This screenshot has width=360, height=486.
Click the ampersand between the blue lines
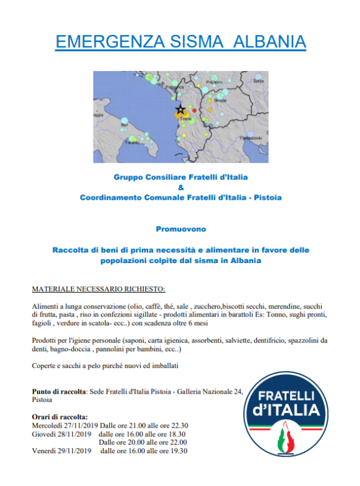[180, 187]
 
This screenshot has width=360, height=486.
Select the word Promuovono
[180, 230]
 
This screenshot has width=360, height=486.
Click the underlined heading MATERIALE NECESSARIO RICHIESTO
[98, 289]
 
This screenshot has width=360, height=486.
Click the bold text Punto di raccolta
[59, 392]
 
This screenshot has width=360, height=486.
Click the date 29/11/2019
[72, 451]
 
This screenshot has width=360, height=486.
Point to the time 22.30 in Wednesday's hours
[178, 425]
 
